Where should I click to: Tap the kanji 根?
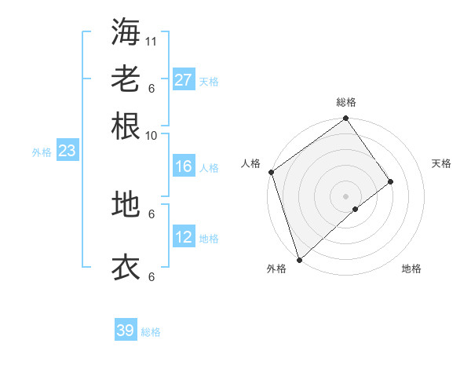[x=126, y=126]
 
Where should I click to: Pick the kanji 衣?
[x=126, y=267]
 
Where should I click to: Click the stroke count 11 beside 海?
[x=152, y=41]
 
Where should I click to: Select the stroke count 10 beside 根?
[x=152, y=135]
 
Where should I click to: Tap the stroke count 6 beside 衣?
[x=152, y=276]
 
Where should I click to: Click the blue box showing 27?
[x=184, y=80]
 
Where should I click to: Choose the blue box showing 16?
[x=184, y=166]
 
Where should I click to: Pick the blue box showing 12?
[x=184, y=237]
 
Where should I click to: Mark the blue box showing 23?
[x=67, y=151]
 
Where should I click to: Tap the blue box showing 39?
[x=126, y=331]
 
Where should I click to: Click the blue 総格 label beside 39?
[x=151, y=332]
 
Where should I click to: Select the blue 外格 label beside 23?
[x=42, y=152]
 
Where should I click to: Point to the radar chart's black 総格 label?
[x=346, y=102]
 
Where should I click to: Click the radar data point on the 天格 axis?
[x=390, y=181]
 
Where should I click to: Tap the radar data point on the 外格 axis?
[x=299, y=258]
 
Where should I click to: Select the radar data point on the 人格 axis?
[x=271, y=172]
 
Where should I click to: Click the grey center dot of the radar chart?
[x=345, y=195]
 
